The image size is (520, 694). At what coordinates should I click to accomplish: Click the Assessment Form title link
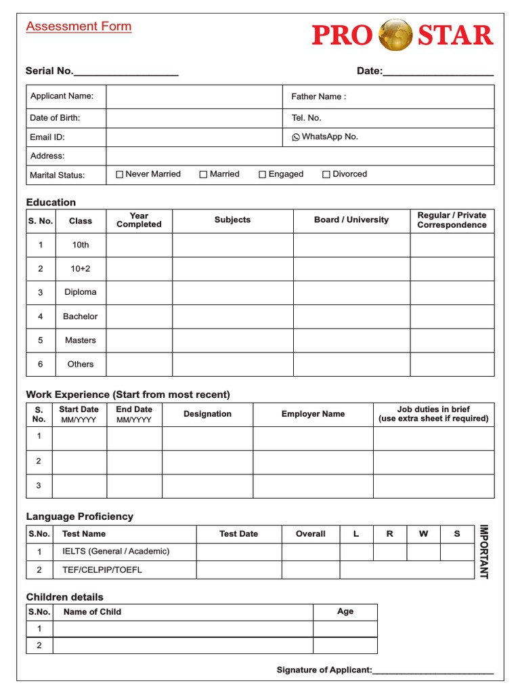click(x=79, y=26)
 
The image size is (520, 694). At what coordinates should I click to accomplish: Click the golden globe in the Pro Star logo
click(x=395, y=35)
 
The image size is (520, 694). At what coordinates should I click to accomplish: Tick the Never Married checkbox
click(x=120, y=174)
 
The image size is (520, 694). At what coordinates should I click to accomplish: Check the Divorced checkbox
click(x=326, y=174)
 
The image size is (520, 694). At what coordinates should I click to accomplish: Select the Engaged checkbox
click(x=263, y=174)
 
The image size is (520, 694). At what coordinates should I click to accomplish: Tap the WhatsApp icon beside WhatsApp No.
click(x=296, y=137)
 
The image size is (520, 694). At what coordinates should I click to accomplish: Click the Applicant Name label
click(x=62, y=96)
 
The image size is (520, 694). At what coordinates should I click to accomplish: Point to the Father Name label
click(x=318, y=96)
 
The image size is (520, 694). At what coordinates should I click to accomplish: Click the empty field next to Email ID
click(x=194, y=137)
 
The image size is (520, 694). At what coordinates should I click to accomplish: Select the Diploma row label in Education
click(x=81, y=293)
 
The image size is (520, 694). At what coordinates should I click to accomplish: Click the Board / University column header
click(x=351, y=220)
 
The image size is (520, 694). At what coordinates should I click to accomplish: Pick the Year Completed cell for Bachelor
click(x=139, y=317)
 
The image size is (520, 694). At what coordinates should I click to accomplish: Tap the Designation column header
click(x=207, y=414)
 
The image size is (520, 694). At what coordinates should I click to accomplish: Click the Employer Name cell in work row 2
click(x=313, y=462)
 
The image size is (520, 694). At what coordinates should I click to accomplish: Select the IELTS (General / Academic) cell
click(x=116, y=552)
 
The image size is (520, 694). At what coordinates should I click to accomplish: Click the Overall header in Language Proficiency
click(x=311, y=534)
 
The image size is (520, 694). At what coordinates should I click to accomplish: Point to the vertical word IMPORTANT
click(x=483, y=552)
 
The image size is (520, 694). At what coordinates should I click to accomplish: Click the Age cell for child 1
click(x=345, y=628)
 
